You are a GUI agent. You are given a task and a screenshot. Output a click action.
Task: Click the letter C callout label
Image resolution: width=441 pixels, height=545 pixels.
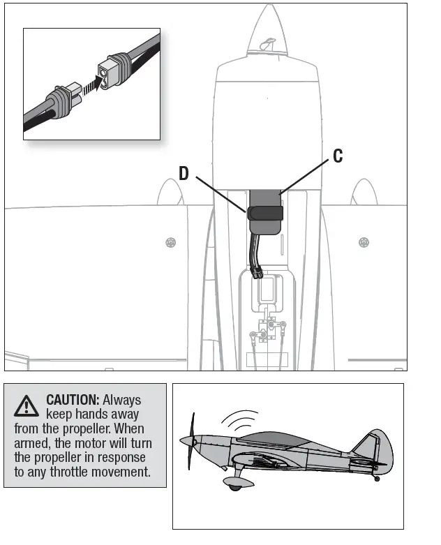click(x=338, y=156)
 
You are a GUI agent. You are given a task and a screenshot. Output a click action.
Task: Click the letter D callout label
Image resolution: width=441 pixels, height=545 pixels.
click(x=184, y=174)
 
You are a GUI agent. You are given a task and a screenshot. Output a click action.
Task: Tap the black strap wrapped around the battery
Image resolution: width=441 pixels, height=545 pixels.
click(x=264, y=213)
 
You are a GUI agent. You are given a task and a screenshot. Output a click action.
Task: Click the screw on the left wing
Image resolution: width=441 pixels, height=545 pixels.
click(x=170, y=242)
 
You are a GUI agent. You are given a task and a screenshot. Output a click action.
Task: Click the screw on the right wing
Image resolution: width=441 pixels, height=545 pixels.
click(x=363, y=242)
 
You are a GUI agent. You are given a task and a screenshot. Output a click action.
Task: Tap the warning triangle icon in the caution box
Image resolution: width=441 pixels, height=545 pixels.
click(x=27, y=405)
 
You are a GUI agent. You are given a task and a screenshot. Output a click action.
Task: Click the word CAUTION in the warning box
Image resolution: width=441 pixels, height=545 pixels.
click(x=73, y=400)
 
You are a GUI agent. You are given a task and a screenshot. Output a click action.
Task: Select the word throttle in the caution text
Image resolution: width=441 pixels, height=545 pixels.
click(x=107, y=472)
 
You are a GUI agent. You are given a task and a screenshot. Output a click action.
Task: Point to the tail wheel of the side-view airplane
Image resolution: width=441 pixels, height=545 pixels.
click(x=378, y=479)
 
